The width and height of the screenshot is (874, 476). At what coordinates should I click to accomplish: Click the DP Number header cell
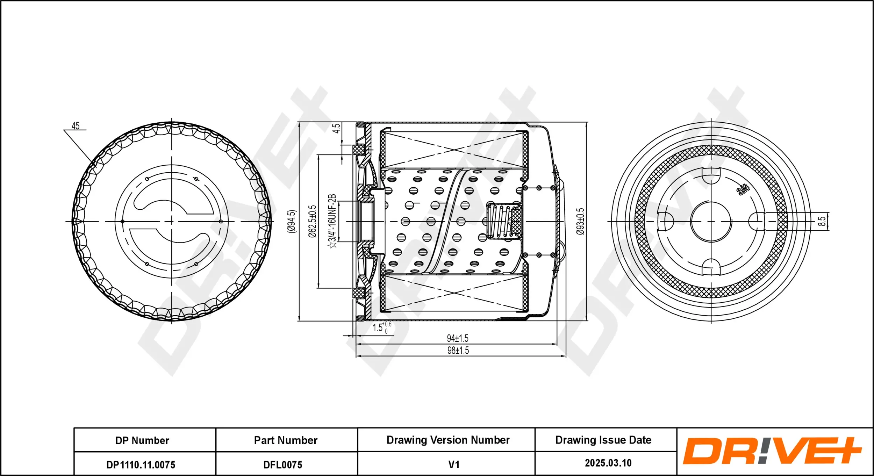tap(142, 440)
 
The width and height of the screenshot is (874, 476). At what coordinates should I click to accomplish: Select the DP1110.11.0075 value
tap(141, 465)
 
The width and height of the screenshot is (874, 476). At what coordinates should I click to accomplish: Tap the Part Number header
tap(286, 440)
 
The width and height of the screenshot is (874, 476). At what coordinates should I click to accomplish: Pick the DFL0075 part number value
tap(282, 465)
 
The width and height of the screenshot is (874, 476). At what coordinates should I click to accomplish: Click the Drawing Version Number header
tap(448, 440)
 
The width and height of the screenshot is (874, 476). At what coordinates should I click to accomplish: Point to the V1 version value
tap(453, 464)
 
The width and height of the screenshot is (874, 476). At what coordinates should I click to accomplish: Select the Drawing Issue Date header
tap(603, 440)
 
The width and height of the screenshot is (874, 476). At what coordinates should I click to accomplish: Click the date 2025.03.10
tap(608, 463)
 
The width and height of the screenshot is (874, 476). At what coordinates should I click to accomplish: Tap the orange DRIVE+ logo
tap(772, 451)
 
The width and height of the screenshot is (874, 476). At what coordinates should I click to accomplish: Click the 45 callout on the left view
tap(75, 126)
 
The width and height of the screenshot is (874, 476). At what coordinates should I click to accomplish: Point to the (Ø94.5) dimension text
tap(292, 222)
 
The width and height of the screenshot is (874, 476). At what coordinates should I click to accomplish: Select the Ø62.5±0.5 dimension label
tap(312, 222)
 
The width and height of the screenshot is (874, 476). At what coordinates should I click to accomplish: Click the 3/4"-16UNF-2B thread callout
tap(332, 222)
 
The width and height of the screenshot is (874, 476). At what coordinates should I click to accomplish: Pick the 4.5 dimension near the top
tap(336, 128)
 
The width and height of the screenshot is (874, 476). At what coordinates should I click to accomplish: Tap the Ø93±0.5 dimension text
tap(580, 222)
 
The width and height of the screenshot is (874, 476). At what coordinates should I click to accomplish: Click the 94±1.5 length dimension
tap(457, 338)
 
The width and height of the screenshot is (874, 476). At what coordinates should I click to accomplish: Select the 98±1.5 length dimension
tap(458, 350)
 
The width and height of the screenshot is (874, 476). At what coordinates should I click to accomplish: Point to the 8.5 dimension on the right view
tap(822, 221)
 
